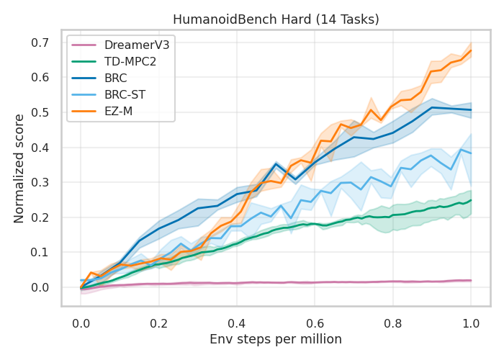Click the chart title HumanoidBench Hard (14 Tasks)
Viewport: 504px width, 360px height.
click(276, 19)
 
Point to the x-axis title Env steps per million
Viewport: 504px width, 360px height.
click(276, 338)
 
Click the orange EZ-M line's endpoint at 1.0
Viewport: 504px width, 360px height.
click(471, 50)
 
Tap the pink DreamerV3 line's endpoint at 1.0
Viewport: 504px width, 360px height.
click(471, 280)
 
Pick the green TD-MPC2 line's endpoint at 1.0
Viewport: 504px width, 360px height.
click(471, 200)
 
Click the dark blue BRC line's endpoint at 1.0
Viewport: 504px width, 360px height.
click(471, 110)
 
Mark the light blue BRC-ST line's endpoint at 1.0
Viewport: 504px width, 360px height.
click(471, 153)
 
